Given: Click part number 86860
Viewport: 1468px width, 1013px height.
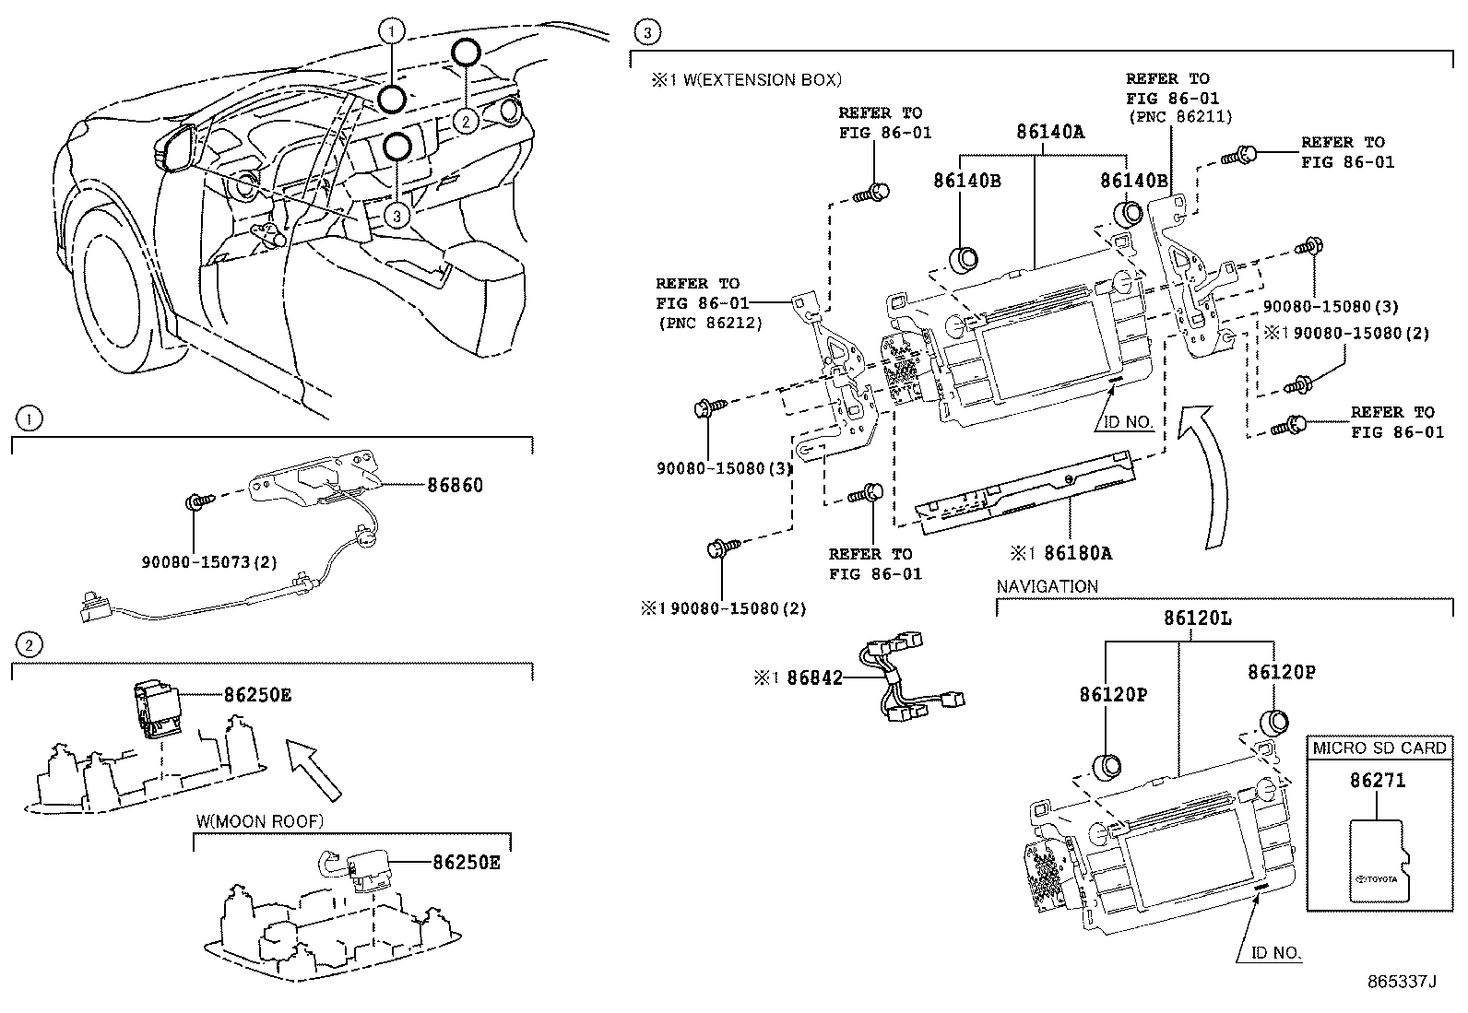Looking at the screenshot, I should tap(454, 485).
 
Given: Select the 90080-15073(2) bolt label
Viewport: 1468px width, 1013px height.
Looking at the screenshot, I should tap(209, 561).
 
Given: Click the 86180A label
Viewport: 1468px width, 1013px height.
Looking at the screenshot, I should tap(1072, 553).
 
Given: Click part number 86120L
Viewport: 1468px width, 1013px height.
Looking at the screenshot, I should tap(1196, 618).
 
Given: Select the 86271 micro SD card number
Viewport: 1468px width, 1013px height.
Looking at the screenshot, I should tap(1378, 780).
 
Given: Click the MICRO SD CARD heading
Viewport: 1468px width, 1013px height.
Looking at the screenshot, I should tap(1379, 748).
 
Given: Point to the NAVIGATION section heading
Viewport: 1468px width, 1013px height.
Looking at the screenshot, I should tap(1048, 586).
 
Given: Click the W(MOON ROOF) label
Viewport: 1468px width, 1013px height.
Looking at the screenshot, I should tap(260, 821).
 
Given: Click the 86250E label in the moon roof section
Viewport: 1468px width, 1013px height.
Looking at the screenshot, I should tap(466, 863).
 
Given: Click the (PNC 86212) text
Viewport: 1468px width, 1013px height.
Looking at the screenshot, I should tap(711, 323).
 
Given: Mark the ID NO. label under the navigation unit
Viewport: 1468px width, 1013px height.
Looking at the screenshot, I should tap(1276, 953).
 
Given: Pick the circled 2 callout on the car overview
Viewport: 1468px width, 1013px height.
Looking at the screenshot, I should tap(467, 121).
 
